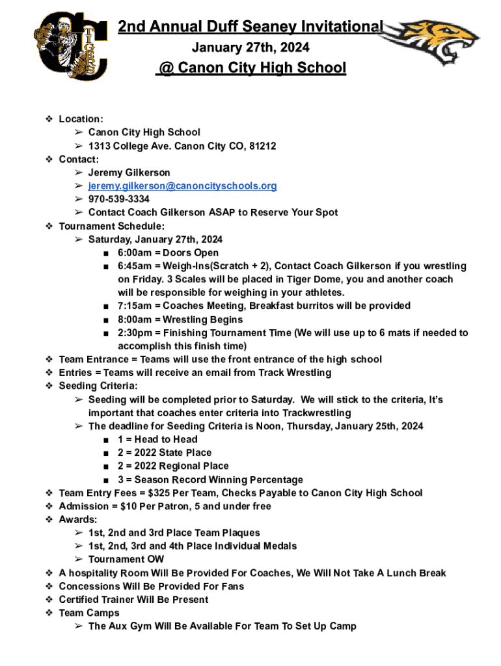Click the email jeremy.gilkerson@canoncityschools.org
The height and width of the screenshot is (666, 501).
[x=182, y=186]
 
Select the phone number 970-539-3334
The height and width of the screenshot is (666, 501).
[x=118, y=199]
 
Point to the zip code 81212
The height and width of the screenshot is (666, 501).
[x=262, y=146]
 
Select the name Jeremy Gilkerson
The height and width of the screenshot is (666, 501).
[x=129, y=172]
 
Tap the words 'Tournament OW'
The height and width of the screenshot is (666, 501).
[x=126, y=559]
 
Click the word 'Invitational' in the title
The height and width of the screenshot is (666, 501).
[x=341, y=27]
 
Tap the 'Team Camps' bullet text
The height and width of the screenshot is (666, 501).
[x=89, y=613]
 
